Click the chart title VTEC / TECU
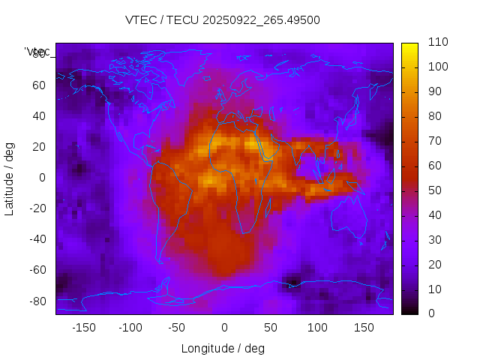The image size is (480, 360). click(x=223, y=20)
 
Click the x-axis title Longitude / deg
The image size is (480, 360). click(x=223, y=348)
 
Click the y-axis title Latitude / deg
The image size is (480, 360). click(x=10, y=177)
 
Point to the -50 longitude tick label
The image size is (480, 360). click(x=177, y=328)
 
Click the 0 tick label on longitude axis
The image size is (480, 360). click(x=223, y=328)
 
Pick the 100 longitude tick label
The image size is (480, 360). click(x=317, y=328)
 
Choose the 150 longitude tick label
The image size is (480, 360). click(x=364, y=328)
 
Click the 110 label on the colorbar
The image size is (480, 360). click(x=437, y=43)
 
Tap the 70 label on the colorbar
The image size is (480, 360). click(x=434, y=141)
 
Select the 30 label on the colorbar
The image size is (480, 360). click(x=434, y=240)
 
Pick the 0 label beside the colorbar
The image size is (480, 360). click(x=431, y=313)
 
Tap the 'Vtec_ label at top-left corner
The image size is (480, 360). click(x=37, y=52)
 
